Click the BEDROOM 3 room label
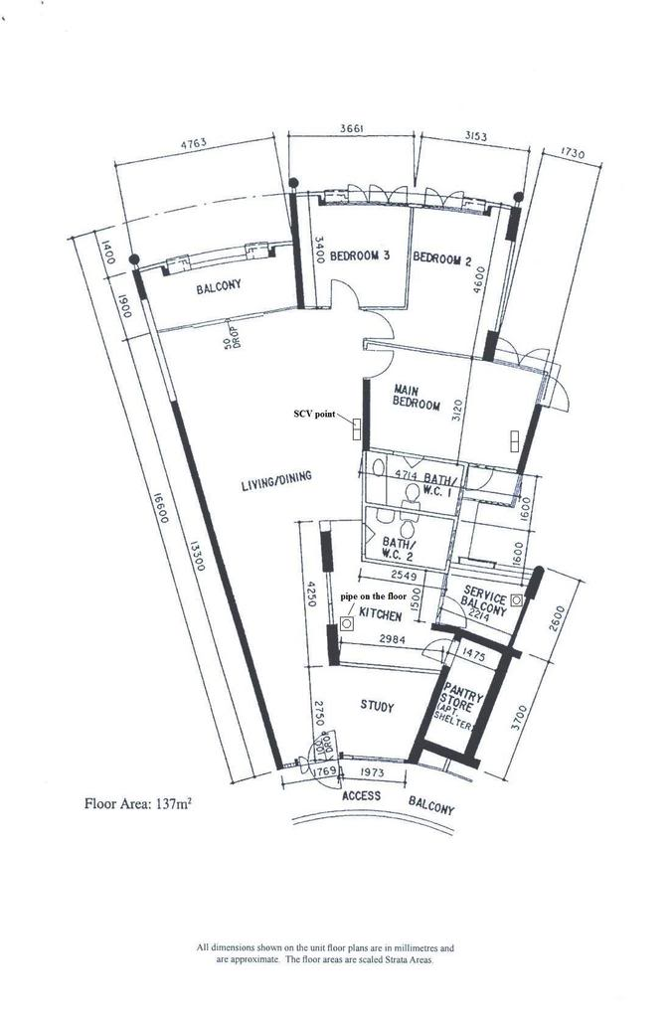[x=359, y=255]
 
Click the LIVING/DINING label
[x=275, y=482]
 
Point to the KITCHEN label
[x=380, y=616]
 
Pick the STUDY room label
[x=376, y=707]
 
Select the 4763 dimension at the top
[x=193, y=144]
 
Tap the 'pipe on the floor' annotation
[x=377, y=596]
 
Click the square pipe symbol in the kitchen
[x=346, y=624]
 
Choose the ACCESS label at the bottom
[x=363, y=796]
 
